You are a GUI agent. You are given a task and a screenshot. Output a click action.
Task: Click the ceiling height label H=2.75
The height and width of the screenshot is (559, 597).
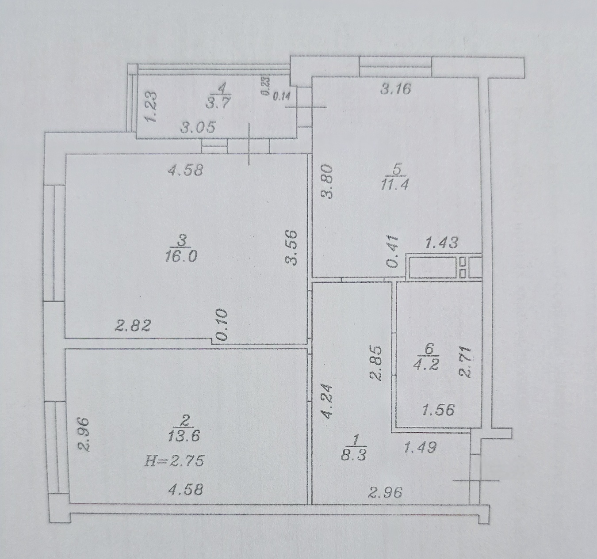coord(175,460)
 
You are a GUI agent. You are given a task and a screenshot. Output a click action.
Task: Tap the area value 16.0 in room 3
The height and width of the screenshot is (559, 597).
coord(181,256)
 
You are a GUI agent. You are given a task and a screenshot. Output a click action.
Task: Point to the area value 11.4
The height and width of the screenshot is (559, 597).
coord(394,184)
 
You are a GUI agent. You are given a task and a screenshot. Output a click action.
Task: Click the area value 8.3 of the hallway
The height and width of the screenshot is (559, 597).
coord(354,455)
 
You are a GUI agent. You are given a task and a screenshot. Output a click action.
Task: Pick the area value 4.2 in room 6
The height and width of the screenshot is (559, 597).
coord(427,365)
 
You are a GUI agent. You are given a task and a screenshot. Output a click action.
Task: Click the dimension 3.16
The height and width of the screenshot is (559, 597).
coord(396,89)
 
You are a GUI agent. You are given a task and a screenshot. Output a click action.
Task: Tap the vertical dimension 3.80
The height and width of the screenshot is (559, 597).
coord(327,181)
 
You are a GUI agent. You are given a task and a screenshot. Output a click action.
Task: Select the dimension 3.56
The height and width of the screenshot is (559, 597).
coord(291,248)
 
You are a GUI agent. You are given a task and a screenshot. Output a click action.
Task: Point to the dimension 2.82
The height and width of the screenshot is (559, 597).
coord(133,325)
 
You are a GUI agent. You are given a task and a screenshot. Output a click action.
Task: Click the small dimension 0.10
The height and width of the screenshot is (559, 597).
coord(222,325)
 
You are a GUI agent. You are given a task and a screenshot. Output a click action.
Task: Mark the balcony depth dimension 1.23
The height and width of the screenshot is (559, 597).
coord(150,106)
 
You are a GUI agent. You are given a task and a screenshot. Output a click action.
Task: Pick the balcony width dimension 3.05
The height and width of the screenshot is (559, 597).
coord(198,127)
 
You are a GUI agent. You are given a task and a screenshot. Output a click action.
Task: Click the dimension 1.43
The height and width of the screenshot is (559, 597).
coord(441,242)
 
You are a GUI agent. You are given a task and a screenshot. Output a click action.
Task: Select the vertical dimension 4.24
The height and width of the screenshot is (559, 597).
coord(327,401)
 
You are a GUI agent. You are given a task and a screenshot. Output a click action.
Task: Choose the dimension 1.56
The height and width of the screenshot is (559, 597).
coord(438,410)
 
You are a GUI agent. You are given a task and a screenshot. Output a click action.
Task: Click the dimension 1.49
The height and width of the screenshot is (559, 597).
coord(420,447)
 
